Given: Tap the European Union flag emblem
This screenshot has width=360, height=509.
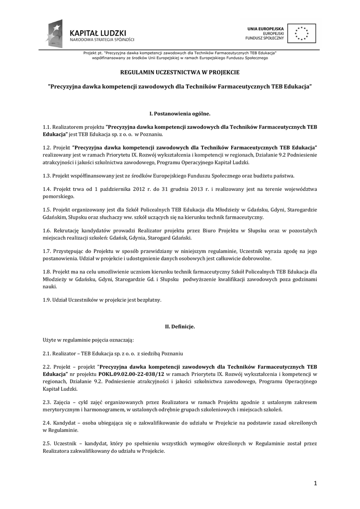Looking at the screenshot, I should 300,34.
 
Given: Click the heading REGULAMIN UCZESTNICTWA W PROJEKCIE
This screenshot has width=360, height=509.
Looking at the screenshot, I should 180,72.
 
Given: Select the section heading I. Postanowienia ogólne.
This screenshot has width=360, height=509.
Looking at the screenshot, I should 180,114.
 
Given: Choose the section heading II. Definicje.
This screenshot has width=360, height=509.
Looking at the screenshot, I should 180,326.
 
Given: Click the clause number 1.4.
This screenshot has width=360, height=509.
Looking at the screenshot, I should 47,189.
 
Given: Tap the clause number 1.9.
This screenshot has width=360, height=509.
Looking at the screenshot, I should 47,300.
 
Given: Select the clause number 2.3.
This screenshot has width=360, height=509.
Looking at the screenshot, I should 47,402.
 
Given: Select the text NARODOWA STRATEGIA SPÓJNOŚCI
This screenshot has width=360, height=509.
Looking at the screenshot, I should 102,39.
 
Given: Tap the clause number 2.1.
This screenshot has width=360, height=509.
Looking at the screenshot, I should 47,353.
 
